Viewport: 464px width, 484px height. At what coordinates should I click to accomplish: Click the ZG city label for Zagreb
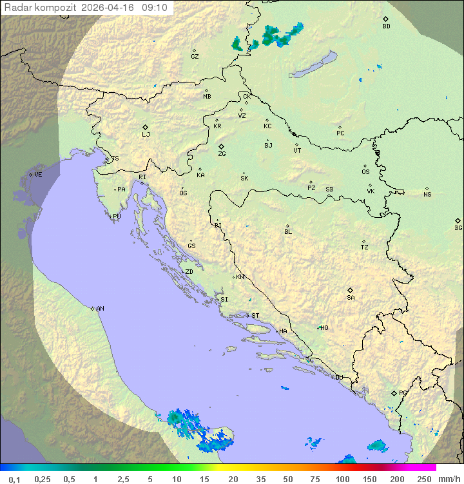click(222, 155)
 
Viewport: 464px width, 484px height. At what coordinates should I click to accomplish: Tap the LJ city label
click(146, 135)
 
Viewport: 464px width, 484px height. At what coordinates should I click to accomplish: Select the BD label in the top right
click(386, 27)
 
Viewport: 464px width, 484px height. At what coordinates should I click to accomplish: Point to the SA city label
click(351, 298)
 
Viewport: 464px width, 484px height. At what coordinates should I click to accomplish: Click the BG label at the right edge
click(458, 228)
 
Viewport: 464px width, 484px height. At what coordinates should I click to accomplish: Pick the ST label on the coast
click(255, 316)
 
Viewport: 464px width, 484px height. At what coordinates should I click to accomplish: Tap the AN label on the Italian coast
click(100, 309)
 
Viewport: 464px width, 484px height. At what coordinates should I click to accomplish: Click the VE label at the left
click(38, 175)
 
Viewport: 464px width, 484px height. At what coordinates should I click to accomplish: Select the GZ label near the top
click(195, 57)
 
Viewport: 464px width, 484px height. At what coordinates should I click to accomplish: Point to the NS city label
click(427, 195)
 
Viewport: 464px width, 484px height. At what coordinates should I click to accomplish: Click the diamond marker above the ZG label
click(221, 146)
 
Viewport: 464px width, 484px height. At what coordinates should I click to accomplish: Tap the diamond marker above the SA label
click(350, 290)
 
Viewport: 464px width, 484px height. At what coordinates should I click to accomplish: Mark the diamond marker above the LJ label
click(146, 127)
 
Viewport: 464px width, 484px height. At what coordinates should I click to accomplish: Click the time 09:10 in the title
click(155, 8)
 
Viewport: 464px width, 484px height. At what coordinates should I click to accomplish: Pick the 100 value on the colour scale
click(342, 479)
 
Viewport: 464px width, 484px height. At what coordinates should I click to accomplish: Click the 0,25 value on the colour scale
click(43, 479)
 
